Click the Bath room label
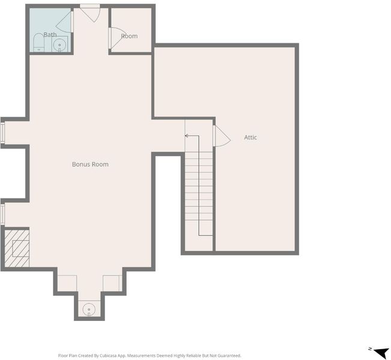click(x=50, y=35)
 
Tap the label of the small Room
click(x=129, y=36)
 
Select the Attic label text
click(x=250, y=137)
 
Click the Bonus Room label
click(x=90, y=164)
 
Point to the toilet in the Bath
click(x=38, y=43)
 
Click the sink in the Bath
click(x=59, y=45)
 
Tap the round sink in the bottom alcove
click(x=89, y=310)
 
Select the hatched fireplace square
click(x=17, y=248)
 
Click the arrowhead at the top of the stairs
click(x=186, y=136)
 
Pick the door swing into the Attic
click(x=222, y=136)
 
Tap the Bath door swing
click(x=64, y=22)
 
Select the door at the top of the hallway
click(x=90, y=14)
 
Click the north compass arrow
click(x=380, y=352)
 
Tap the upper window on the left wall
click(x=2, y=133)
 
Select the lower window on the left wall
click(x=2, y=214)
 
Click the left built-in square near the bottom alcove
click(x=67, y=283)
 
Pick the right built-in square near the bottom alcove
click(x=112, y=283)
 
